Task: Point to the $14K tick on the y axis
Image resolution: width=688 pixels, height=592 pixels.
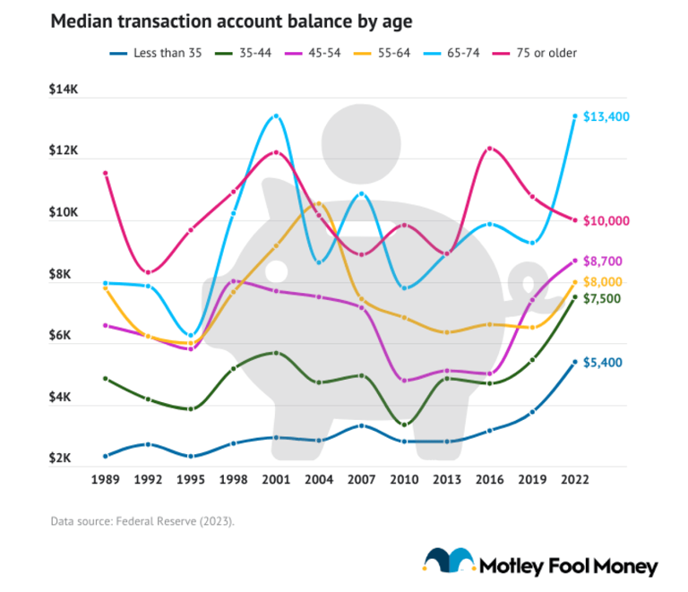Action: point(64,90)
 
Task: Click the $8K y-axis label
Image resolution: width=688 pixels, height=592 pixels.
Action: point(64,274)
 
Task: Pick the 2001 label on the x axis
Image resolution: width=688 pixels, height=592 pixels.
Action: point(276,480)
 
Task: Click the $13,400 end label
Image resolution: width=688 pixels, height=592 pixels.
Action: point(608,116)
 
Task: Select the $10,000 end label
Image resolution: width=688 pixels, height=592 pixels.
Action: point(608,220)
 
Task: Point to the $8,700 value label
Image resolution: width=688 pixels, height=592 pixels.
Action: point(605,261)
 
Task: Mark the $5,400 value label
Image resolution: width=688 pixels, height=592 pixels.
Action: point(605,363)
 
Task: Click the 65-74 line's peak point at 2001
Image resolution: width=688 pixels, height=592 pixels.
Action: point(276,116)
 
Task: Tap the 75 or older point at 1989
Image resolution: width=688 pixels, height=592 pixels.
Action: point(105,173)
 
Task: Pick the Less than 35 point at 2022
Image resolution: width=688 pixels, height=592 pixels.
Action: point(574,362)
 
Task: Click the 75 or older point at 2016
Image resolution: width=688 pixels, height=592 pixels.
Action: point(489,149)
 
